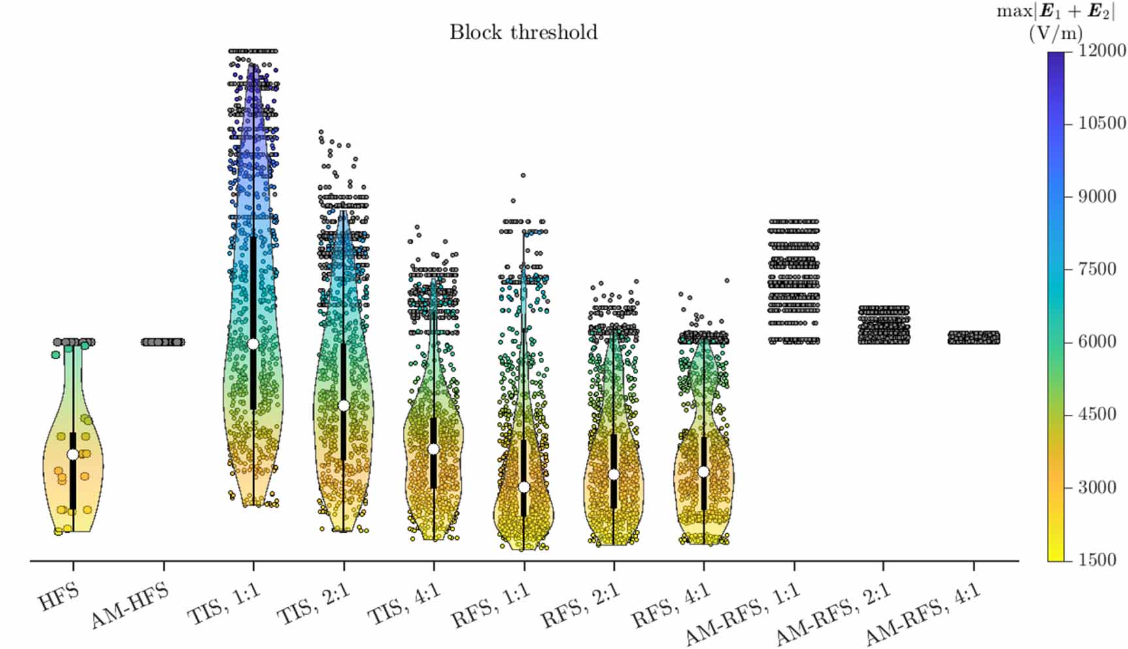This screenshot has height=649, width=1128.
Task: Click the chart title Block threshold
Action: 523,32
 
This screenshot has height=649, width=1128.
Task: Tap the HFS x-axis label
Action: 59,597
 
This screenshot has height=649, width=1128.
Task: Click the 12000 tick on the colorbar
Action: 1102,51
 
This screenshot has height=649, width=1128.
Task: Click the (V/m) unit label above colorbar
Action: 1055,33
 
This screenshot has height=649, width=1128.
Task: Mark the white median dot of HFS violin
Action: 73,455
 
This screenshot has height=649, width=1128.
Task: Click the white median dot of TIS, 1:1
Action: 253,344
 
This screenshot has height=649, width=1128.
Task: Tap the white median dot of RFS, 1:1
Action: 524,487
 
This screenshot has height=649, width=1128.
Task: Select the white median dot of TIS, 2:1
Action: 344,406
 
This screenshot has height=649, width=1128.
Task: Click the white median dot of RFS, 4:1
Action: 704,472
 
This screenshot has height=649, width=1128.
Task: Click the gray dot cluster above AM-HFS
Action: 163,342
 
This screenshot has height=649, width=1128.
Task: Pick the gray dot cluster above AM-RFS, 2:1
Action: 883,324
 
